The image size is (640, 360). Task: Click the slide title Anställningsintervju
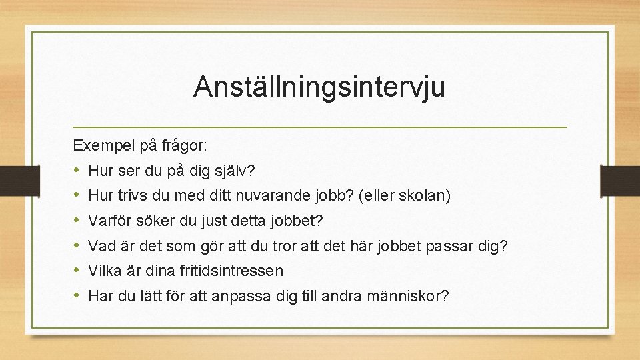(319, 87)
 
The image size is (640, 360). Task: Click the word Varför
(109, 221)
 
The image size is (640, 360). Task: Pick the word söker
(151, 221)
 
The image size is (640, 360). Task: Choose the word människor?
(408, 296)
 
